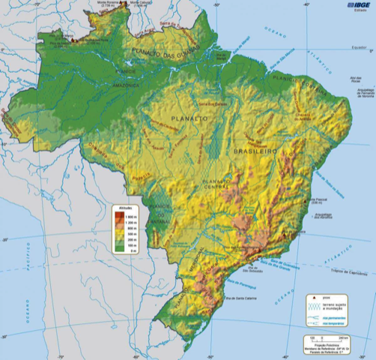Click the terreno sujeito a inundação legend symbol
[311, 306]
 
